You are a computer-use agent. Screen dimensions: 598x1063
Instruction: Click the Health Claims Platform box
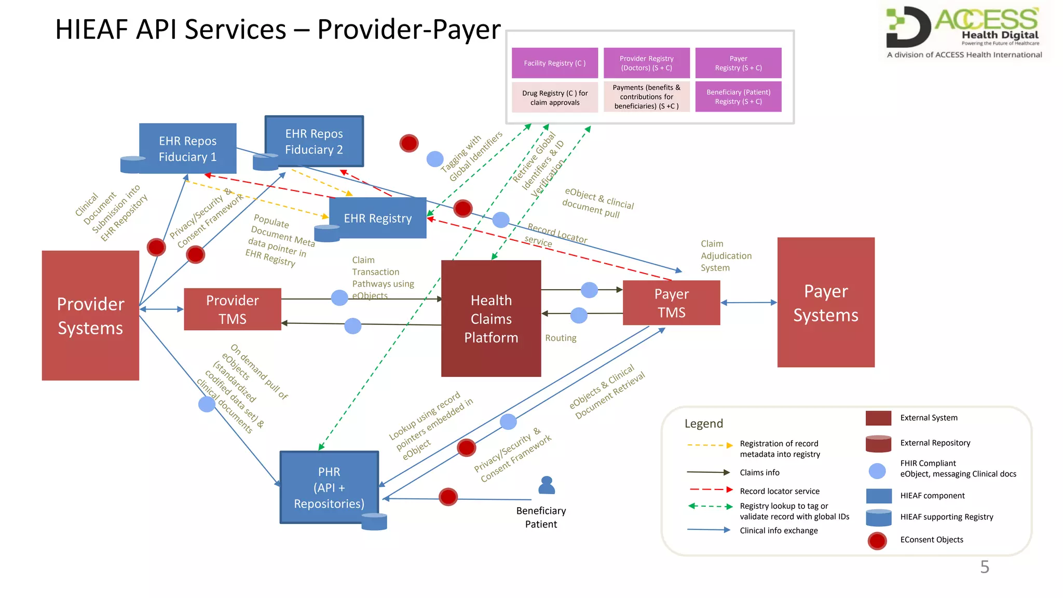(490, 318)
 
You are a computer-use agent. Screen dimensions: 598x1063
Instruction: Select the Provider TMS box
(232, 309)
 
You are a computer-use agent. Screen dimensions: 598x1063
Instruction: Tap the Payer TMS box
(671, 303)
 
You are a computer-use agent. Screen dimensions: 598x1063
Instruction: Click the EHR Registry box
(378, 218)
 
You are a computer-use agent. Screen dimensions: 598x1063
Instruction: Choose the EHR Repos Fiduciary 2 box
(314, 141)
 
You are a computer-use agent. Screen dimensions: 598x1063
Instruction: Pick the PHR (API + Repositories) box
(329, 487)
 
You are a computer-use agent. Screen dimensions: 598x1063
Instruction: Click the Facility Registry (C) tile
(554, 63)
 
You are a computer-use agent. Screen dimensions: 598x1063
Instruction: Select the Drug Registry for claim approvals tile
(554, 98)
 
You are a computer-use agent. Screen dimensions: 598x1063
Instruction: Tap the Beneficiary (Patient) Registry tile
(738, 97)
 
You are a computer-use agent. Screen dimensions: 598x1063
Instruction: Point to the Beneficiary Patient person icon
(547, 485)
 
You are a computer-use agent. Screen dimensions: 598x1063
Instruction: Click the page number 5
(984, 567)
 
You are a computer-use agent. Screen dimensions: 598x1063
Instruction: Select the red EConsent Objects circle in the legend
(877, 540)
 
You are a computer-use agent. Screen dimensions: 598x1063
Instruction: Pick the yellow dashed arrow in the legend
(709, 445)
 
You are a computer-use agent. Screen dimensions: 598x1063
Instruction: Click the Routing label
(561, 338)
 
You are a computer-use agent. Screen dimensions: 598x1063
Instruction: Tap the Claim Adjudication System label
(726, 255)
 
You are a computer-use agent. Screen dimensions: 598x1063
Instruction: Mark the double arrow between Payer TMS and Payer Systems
(748, 302)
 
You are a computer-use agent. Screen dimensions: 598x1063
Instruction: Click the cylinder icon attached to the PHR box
(374, 521)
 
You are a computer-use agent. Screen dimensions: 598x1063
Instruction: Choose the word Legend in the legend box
(703, 424)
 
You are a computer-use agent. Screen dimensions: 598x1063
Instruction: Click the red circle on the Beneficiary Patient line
(448, 497)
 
